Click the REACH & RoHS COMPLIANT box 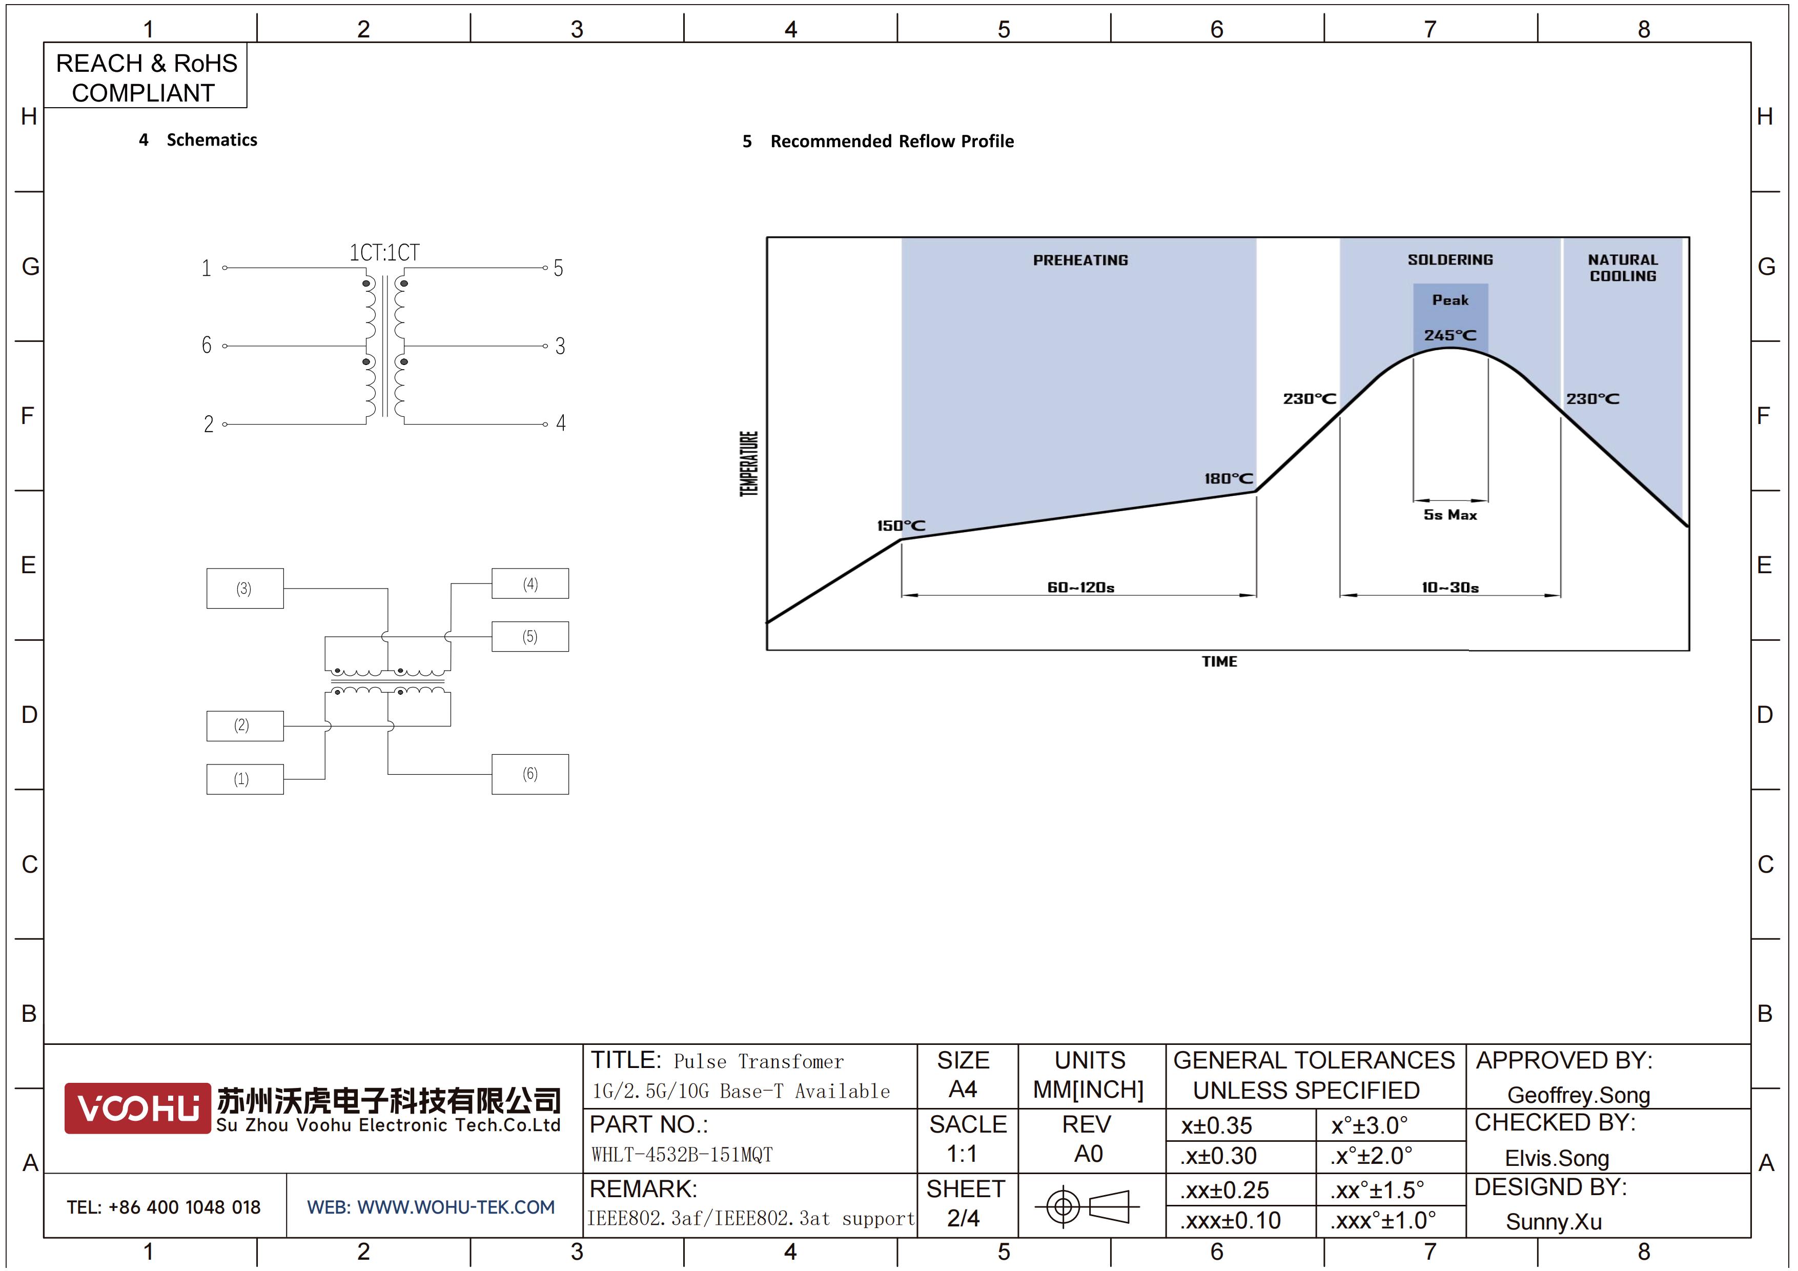point(146,76)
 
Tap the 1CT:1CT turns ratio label point(384,253)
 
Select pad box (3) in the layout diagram point(245,588)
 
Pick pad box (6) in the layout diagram point(530,774)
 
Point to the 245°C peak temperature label point(1450,335)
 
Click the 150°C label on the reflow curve point(901,526)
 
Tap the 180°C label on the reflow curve point(1229,478)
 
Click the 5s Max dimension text point(1450,515)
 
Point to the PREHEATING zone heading point(1080,260)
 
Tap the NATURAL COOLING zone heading point(1623,268)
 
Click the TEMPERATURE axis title point(749,463)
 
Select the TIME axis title point(1219,662)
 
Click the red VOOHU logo point(138,1108)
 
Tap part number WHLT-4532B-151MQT point(682,1154)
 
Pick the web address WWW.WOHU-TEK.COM point(456,1207)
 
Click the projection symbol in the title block point(1087,1206)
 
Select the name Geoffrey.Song point(1579,1095)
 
